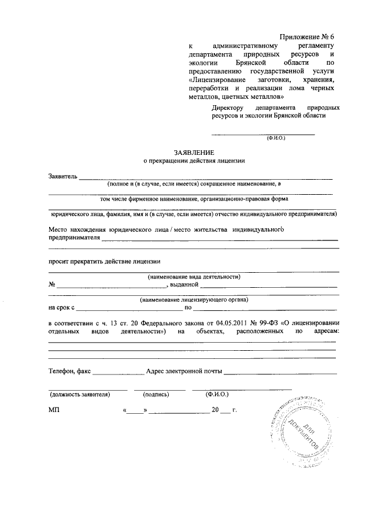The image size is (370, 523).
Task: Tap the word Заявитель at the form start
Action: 62,176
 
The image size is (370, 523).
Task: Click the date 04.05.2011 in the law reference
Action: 216,322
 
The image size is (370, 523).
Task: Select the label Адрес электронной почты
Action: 184,372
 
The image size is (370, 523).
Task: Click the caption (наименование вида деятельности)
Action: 194,276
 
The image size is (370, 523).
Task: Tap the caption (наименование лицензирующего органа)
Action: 194,300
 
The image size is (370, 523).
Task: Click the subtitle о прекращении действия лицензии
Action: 194,161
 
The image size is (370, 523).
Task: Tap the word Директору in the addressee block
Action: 228,108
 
